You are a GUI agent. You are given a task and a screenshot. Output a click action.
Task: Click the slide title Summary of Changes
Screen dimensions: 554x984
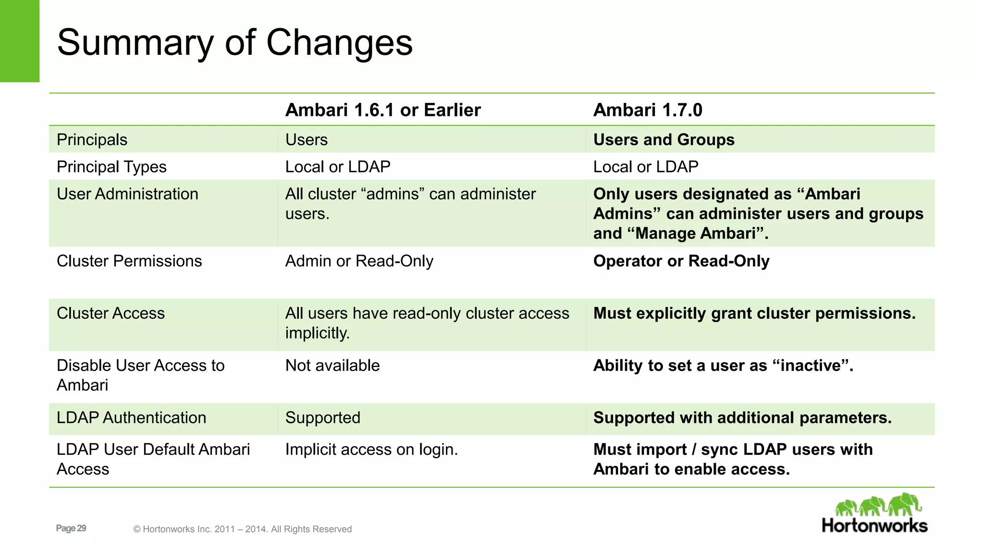pyautogui.click(x=234, y=42)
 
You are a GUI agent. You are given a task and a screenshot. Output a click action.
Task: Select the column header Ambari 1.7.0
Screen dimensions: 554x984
pyautogui.click(x=647, y=110)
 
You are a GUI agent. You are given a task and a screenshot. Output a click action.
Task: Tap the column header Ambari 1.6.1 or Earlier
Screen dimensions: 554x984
pyautogui.click(x=382, y=110)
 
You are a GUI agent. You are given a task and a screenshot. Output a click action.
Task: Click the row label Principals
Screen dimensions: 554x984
pyautogui.click(x=92, y=140)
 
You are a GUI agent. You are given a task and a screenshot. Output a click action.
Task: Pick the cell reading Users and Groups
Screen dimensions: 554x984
pyautogui.click(x=664, y=140)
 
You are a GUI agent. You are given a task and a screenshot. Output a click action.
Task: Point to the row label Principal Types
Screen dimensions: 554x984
pyautogui.click(x=111, y=167)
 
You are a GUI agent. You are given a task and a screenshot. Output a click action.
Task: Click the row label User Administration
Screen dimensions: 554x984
pyautogui.click(x=127, y=194)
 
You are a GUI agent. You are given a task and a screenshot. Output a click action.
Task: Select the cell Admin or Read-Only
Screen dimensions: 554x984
pyautogui.click(x=359, y=261)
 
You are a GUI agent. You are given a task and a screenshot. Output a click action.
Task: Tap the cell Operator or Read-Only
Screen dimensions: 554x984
pyautogui.click(x=681, y=261)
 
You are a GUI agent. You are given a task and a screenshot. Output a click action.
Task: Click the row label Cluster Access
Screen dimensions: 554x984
pyautogui.click(x=111, y=314)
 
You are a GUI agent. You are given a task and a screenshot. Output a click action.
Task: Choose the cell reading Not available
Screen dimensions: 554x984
pyautogui.click(x=332, y=365)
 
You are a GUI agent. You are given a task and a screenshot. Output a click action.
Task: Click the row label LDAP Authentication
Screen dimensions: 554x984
pyautogui.click(x=131, y=418)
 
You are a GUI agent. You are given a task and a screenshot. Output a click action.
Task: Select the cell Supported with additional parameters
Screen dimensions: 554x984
pyautogui.click(x=742, y=418)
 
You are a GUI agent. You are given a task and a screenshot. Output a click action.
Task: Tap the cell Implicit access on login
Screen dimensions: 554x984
pyautogui.click(x=371, y=450)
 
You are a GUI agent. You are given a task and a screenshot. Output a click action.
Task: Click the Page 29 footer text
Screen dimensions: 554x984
pyautogui.click(x=71, y=528)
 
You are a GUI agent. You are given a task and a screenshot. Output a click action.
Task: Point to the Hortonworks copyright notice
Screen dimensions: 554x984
pyautogui.click(x=243, y=529)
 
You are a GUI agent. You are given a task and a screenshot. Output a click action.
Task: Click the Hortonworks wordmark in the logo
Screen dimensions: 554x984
pyautogui.click(x=874, y=526)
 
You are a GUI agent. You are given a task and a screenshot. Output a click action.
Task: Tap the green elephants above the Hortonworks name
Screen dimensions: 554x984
pyautogui.click(x=878, y=505)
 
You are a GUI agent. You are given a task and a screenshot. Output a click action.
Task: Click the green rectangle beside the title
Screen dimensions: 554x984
pyautogui.click(x=19, y=41)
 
